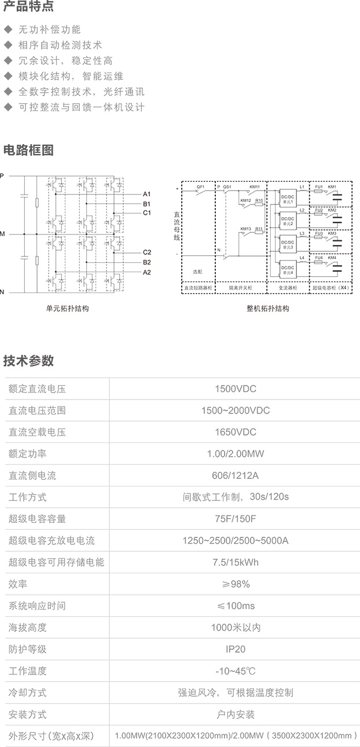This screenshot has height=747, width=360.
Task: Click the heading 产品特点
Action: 29,8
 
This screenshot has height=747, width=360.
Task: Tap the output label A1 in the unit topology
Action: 147,194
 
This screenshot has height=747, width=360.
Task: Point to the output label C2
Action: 147,252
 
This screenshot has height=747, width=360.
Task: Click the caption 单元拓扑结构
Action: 68,309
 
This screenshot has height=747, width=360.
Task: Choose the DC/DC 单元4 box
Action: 288,269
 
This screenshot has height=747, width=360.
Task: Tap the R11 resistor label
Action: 259,229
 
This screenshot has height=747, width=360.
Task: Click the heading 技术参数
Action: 29,361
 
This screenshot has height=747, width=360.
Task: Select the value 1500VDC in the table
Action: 235,389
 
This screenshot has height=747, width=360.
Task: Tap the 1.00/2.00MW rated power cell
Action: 235,454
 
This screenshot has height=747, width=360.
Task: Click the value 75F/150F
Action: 235,519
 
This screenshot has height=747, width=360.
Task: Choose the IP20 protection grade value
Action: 235,649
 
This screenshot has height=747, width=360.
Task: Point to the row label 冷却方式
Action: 27,693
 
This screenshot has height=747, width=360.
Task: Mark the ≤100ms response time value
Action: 235,606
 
